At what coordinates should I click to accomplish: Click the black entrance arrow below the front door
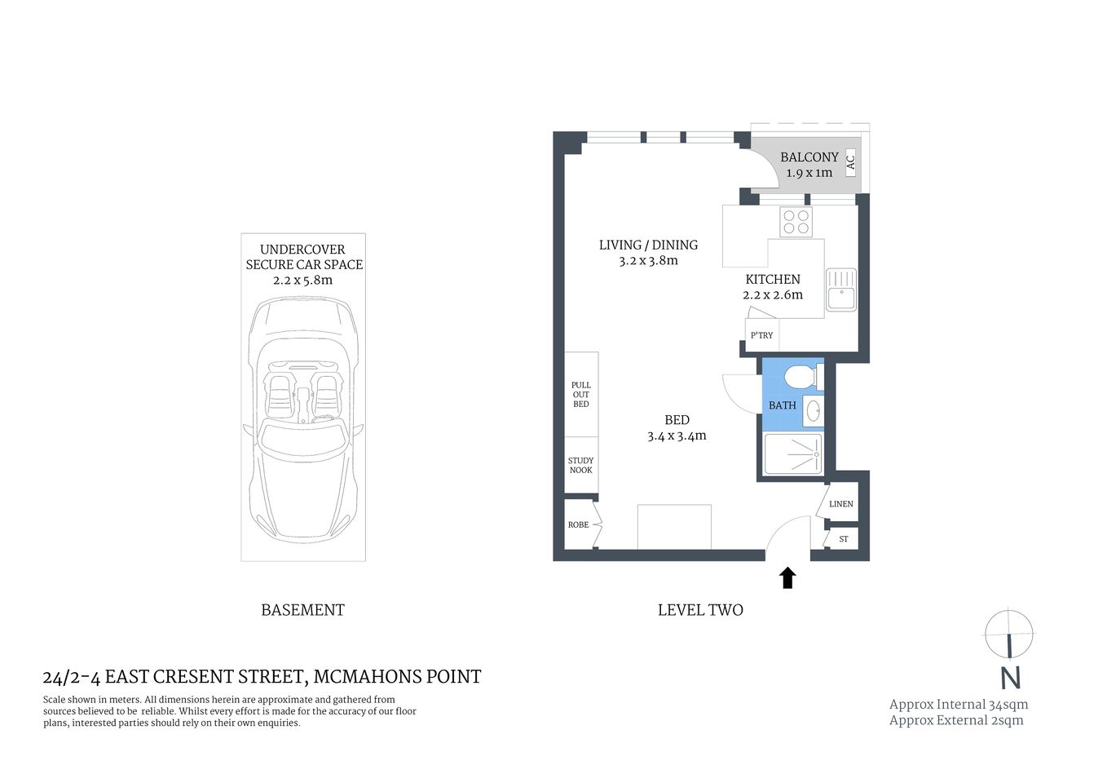(x=787, y=578)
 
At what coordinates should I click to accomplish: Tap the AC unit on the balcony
(x=850, y=163)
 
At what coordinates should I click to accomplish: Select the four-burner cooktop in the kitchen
(x=796, y=222)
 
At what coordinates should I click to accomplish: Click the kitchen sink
(x=841, y=290)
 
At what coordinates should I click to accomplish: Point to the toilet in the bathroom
(x=799, y=378)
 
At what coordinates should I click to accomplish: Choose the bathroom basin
(x=813, y=410)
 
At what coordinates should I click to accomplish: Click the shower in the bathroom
(x=793, y=453)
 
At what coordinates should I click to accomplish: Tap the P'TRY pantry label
(x=762, y=335)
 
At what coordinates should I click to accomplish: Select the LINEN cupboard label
(x=840, y=504)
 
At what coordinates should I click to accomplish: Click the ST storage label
(x=843, y=539)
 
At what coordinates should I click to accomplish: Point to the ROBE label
(x=578, y=524)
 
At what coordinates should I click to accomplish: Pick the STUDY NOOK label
(x=580, y=466)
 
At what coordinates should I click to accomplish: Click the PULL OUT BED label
(x=580, y=395)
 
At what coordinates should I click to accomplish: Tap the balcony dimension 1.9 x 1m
(x=809, y=173)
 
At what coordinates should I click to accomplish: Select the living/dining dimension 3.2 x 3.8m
(x=648, y=261)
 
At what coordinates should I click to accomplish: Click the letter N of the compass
(x=1010, y=678)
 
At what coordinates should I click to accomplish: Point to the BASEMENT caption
(x=302, y=610)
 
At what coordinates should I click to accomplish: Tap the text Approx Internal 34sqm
(x=958, y=705)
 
